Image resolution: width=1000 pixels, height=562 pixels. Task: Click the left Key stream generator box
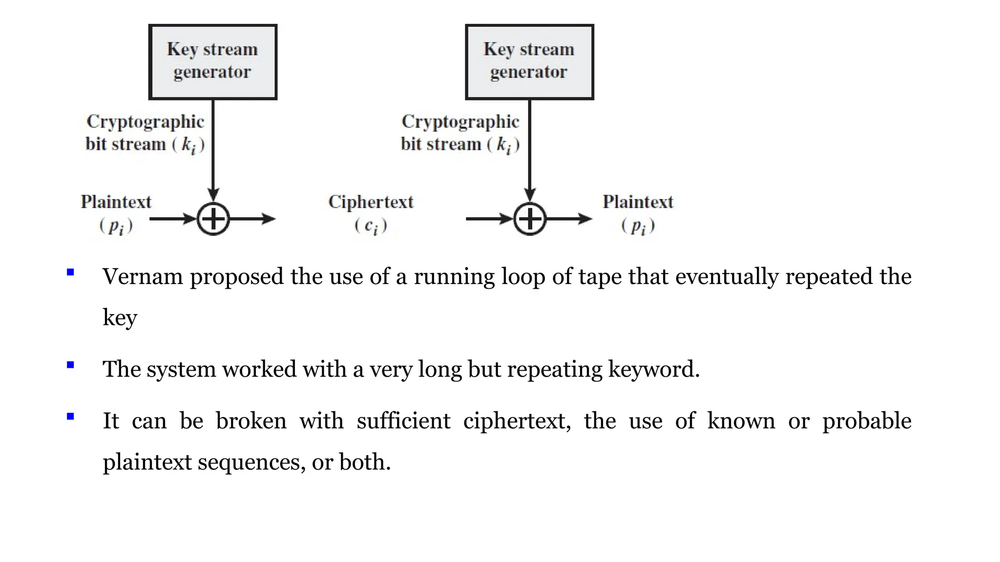213,62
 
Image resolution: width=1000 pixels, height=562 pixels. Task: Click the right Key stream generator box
529,62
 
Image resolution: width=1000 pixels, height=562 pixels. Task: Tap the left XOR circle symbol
213,219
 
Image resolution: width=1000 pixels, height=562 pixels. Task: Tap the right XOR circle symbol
530,219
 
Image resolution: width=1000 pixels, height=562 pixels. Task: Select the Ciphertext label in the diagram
371,202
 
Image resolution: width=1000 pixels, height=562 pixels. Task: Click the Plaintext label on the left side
116,202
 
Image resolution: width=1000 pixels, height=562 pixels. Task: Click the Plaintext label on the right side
638,202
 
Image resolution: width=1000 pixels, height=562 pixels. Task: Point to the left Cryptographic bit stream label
145,133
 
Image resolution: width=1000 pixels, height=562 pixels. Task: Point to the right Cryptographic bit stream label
460,133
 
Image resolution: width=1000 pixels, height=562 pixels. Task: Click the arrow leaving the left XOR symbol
252,219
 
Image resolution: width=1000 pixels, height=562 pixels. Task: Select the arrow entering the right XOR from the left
488,219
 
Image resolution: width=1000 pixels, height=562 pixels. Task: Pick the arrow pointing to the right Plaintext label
569,219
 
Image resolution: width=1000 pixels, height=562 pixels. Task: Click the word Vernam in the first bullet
143,277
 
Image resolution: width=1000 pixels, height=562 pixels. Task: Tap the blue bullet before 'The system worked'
70,364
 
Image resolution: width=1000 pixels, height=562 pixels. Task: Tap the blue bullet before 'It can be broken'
70,416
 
